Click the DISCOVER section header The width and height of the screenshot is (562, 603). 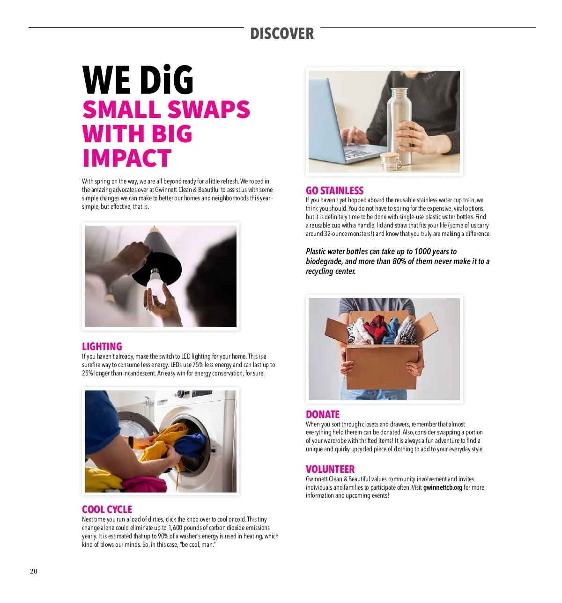282,34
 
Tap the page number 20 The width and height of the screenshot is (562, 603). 34,571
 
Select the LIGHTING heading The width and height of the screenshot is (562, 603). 102,346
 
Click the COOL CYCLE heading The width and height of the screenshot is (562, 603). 107,509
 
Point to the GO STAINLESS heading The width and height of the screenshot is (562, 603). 334,191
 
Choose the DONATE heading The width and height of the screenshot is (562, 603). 322,414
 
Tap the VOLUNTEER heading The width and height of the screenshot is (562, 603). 330,469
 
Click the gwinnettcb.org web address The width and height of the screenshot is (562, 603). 443,487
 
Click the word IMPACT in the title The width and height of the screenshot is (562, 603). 126,158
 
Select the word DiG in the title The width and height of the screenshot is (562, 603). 166,81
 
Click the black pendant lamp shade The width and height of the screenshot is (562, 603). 157,262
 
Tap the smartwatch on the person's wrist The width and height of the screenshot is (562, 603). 131,442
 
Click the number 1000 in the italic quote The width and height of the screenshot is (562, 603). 422,251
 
